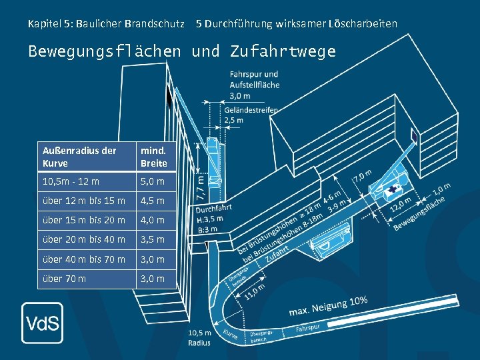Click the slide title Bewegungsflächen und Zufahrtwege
point(182,51)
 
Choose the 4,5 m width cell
point(153,201)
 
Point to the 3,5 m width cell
point(153,239)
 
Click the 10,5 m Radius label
point(199,337)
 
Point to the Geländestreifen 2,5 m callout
point(243,115)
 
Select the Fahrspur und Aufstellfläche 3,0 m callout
point(255,85)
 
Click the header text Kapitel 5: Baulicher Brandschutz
point(107,24)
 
